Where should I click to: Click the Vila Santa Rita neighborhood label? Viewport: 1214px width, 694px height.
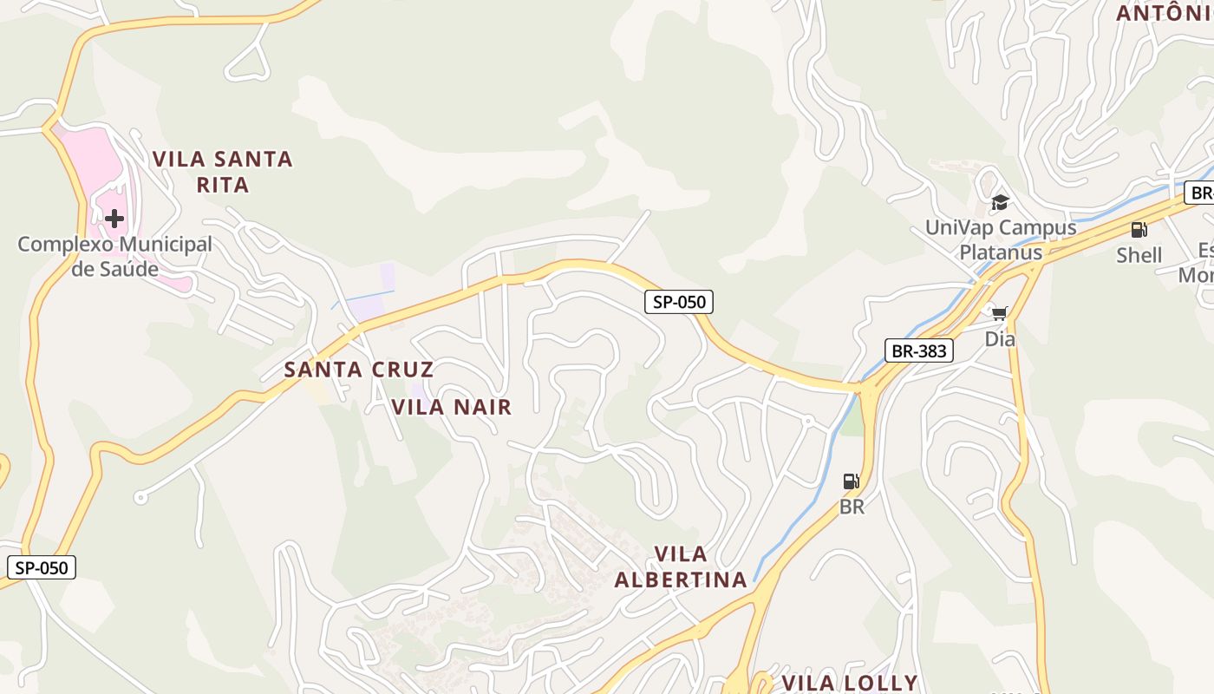click(223, 172)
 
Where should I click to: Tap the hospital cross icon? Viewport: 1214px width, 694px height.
click(114, 219)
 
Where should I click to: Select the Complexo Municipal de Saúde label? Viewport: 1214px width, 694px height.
click(114, 256)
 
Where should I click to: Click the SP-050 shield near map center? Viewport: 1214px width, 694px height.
click(679, 302)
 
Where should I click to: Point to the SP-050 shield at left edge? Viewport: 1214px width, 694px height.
click(42, 568)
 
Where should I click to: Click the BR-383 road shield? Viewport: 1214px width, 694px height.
click(919, 350)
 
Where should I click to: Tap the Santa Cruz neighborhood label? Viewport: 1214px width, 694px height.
click(358, 370)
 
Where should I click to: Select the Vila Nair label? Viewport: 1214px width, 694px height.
click(452, 407)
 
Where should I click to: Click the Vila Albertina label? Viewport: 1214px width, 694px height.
click(681, 566)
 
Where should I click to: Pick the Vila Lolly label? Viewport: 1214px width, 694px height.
click(849, 683)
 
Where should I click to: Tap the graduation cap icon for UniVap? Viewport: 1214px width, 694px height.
click(1000, 203)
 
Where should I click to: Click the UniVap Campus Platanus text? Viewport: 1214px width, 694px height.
click(1000, 240)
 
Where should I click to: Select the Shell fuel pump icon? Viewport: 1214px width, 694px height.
click(1139, 230)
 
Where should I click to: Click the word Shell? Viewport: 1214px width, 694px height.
click(1139, 255)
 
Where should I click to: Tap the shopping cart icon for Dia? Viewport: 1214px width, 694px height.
click(999, 313)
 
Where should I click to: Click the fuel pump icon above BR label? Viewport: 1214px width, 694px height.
click(852, 481)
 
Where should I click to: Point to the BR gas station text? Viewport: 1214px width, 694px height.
click(852, 507)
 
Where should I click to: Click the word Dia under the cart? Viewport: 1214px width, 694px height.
click(999, 339)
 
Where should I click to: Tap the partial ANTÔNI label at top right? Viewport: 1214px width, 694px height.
click(1161, 13)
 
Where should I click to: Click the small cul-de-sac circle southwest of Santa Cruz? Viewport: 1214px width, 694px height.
click(140, 498)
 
